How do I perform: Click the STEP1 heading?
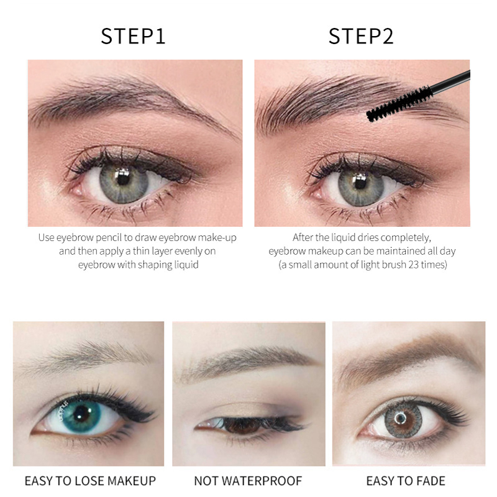(x=133, y=36)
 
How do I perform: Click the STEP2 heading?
(x=361, y=36)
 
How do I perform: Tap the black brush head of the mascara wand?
(x=399, y=104)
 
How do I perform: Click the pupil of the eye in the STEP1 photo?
(x=122, y=179)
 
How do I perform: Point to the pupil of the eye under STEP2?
(x=360, y=182)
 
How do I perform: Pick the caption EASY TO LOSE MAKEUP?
(x=90, y=481)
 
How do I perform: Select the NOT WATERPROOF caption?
(x=248, y=481)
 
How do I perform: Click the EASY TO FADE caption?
(x=406, y=481)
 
